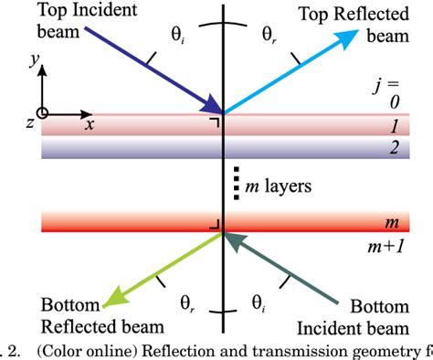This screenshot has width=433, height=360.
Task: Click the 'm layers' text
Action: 276,185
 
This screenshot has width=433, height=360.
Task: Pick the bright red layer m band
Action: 137,221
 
